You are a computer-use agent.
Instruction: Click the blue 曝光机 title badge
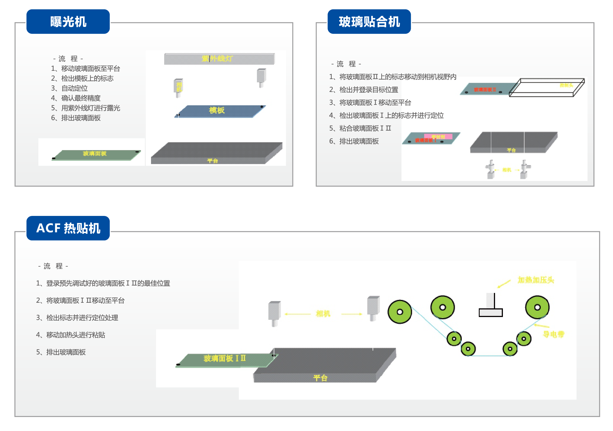click(68, 22)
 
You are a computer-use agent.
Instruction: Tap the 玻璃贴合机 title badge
click(369, 22)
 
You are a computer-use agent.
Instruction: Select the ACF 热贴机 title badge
click(68, 228)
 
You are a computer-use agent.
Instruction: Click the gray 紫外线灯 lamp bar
click(219, 59)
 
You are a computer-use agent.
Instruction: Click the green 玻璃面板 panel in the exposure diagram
click(95, 154)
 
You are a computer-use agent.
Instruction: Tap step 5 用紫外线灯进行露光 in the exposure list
click(85, 108)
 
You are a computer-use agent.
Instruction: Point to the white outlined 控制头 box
click(546, 88)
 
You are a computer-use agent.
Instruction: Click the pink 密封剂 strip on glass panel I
click(438, 137)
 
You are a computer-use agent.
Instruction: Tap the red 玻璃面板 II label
click(485, 90)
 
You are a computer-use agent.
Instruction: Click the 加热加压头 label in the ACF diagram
click(536, 280)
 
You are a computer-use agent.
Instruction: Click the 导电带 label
click(553, 334)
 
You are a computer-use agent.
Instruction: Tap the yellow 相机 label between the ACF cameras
click(323, 314)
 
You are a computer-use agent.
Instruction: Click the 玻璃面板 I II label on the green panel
click(224, 358)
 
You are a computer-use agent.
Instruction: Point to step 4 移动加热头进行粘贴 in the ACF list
click(71, 335)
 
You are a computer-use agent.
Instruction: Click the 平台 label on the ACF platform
click(320, 378)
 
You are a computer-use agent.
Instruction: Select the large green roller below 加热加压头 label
click(537, 307)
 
